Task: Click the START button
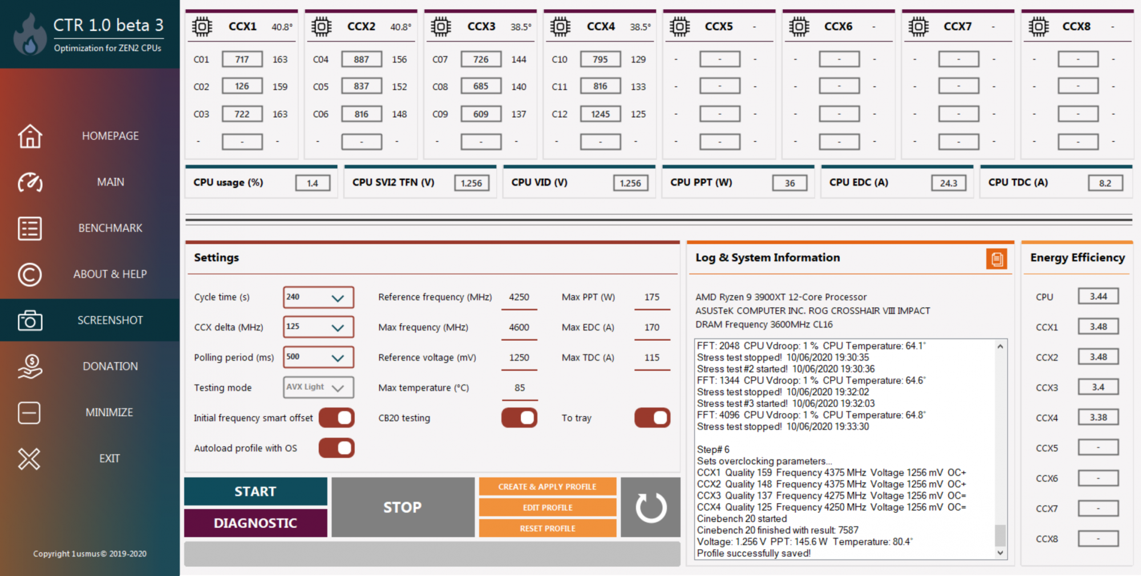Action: (x=256, y=492)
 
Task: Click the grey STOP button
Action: (x=403, y=507)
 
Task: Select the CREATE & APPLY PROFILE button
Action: (x=548, y=486)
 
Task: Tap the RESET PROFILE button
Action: (x=548, y=529)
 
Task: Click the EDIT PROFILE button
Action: (x=548, y=507)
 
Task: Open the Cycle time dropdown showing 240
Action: (x=318, y=297)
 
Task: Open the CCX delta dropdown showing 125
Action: (x=318, y=327)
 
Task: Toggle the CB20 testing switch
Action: (x=519, y=418)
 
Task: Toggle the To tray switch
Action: (x=652, y=418)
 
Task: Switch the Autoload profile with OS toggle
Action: (x=337, y=448)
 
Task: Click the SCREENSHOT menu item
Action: (x=90, y=320)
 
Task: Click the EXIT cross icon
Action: (x=29, y=458)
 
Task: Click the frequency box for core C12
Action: (x=600, y=114)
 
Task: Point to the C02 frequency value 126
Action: (x=242, y=86)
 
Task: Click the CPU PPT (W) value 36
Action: (x=790, y=183)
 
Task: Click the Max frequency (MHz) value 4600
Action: (x=519, y=327)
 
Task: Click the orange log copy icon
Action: (x=997, y=259)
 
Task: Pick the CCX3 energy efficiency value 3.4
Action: (x=1098, y=387)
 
